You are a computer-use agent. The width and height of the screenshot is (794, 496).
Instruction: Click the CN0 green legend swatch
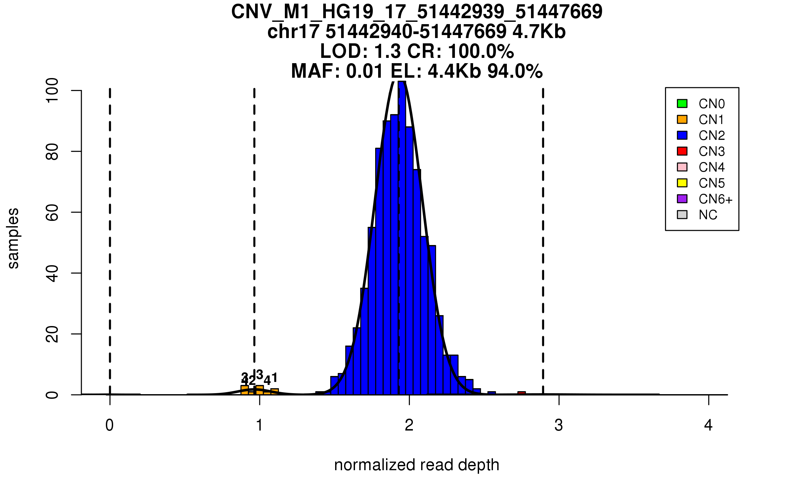[682, 103]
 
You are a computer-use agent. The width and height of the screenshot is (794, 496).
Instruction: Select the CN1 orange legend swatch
[682, 119]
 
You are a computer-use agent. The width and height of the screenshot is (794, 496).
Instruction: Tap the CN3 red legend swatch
[682, 151]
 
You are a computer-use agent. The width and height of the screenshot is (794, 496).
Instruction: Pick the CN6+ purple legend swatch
[682, 199]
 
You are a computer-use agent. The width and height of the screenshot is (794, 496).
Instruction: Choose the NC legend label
[708, 215]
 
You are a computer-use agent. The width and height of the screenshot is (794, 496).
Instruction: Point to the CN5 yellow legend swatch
[682, 183]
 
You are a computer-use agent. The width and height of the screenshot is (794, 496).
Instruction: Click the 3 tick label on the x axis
[559, 425]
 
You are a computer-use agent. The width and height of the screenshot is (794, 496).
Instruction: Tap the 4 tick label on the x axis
[708, 425]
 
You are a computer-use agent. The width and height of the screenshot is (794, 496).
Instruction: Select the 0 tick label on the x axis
[110, 425]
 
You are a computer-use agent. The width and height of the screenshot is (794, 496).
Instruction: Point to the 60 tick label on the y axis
[52, 212]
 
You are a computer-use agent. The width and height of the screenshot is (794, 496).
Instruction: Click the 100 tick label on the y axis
[52, 90]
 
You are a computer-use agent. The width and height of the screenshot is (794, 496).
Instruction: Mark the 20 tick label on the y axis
[52, 334]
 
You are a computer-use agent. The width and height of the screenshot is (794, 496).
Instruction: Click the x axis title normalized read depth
[417, 465]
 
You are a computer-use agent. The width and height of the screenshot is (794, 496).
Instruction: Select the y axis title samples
[13, 238]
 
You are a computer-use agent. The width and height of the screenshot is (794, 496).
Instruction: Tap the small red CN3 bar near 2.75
[522, 393]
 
